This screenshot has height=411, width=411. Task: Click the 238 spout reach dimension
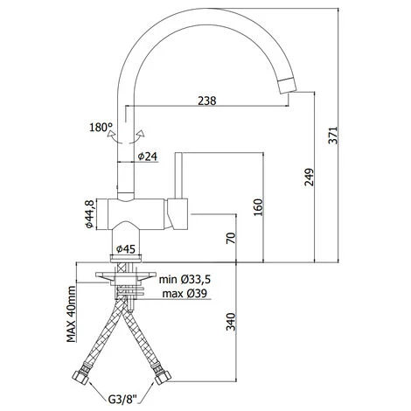coord(207,101)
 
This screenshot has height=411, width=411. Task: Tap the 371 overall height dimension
coord(333,135)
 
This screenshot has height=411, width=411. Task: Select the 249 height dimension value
coord(309,177)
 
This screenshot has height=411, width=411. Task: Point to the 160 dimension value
coord(258,207)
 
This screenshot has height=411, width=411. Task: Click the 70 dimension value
coord(230,238)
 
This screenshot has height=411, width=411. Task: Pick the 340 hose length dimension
coord(231,322)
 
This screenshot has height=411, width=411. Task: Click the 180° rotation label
coord(101,128)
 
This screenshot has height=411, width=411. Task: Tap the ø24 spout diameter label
coord(148,157)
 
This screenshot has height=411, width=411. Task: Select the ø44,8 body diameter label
coord(89,214)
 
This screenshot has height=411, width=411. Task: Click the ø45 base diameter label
coord(126,249)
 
